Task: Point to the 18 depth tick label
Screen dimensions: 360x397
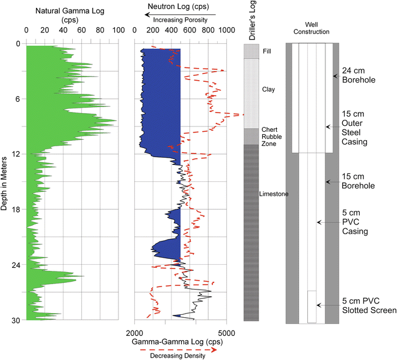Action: [x=16, y=209]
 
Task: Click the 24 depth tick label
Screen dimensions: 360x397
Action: [x=16, y=265]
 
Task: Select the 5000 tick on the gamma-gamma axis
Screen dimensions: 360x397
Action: [x=226, y=332]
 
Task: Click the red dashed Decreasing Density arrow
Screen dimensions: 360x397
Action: [x=180, y=348]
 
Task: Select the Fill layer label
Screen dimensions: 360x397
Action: [x=267, y=52]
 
